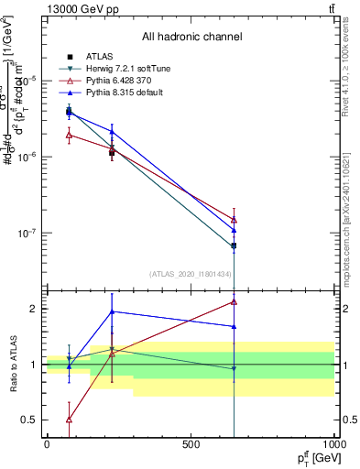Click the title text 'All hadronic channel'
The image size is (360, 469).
tap(191, 38)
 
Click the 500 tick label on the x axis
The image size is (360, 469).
tap(191, 444)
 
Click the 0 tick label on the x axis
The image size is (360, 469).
tap(47, 444)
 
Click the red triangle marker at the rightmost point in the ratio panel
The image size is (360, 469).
tap(234, 301)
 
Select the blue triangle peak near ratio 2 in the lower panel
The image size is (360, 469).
tap(112, 311)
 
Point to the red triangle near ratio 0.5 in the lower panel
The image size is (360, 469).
tap(70, 420)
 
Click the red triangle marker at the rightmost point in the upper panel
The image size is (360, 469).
tap(234, 220)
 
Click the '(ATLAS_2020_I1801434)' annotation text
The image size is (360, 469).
tap(191, 274)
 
